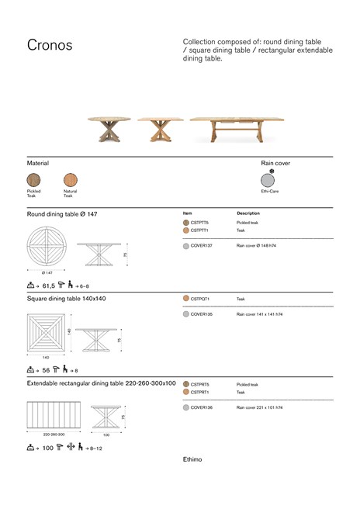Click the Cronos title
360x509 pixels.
pyautogui.click(x=50, y=45)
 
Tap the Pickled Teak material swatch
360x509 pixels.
pyautogui.click(x=34, y=180)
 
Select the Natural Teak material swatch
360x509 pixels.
pyautogui.click(x=71, y=180)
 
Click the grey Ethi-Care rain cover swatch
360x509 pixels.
pyautogui.click(x=268, y=180)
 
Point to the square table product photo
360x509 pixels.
pyautogui.click(x=161, y=128)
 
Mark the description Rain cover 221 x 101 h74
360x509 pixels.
pyautogui.click(x=259, y=407)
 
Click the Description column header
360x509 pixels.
pyautogui.click(x=248, y=213)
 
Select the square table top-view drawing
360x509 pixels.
pyautogui.click(x=47, y=332)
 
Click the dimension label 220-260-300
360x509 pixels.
pyautogui.click(x=54, y=435)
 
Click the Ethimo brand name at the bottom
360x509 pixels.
pyautogui.click(x=192, y=459)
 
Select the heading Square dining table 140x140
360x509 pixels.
pyautogui.click(x=67, y=298)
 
